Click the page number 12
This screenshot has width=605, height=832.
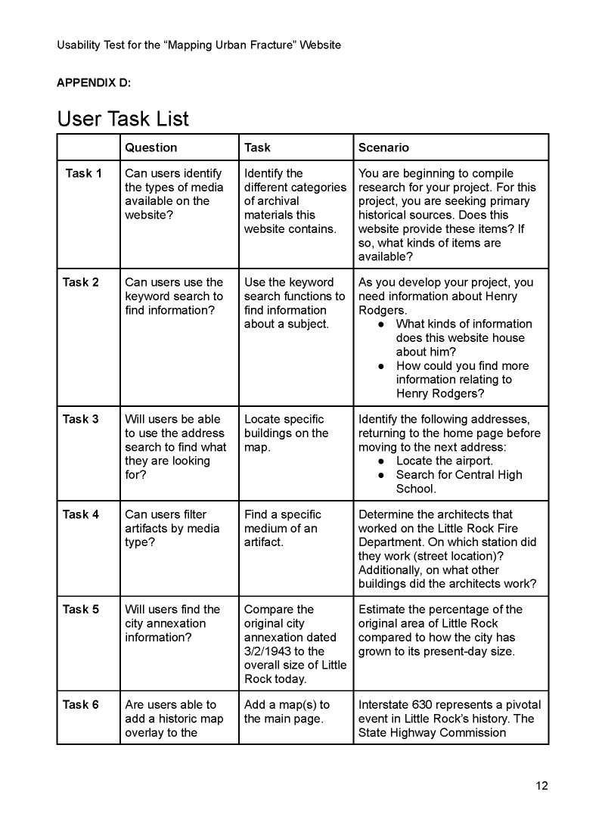click(x=541, y=786)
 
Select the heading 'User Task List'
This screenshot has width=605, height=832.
click(x=123, y=119)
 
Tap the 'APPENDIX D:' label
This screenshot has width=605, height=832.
click(x=95, y=82)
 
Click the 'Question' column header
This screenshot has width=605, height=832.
click(x=151, y=147)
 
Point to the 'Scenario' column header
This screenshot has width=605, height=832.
click(x=383, y=147)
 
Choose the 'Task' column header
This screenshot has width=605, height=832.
click(x=257, y=147)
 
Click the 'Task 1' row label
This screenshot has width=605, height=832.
click(x=83, y=173)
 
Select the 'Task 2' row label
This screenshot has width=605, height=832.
click(x=81, y=282)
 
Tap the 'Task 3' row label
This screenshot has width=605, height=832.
click(x=81, y=419)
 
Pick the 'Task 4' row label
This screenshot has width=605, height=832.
click(x=81, y=514)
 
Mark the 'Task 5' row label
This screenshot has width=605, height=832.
click(x=81, y=609)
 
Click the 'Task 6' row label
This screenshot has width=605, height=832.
click(x=81, y=704)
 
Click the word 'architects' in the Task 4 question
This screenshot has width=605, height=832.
click(x=455, y=514)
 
